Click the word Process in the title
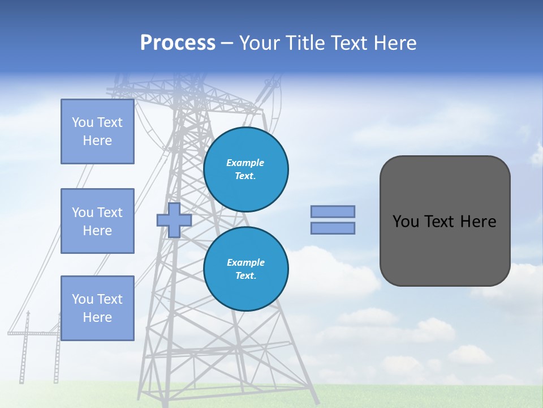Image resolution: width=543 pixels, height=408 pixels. tap(178, 43)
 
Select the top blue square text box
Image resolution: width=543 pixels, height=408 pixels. tap(97, 131)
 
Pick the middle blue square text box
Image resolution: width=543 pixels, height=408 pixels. tap(97, 221)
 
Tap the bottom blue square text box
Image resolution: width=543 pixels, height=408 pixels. tap(97, 308)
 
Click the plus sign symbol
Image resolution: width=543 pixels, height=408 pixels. tap(174, 220)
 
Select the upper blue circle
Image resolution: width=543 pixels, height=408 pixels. tap(245, 169)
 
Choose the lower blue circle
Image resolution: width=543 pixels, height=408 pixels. tap(245, 269)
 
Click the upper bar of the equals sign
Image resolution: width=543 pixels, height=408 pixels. tap(333, 211)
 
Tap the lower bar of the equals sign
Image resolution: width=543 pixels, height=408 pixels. tap(333, 228)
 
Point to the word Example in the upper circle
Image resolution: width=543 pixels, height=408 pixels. tap(245, 163)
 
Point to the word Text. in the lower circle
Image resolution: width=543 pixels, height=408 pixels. tap(245, 276)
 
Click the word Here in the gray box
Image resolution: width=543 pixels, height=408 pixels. tap(478, 222)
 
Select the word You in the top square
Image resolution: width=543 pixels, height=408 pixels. tap(83, 122)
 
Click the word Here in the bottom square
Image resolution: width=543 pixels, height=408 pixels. tap(97, 318)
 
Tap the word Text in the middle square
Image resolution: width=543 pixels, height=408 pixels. tap(110, 212)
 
